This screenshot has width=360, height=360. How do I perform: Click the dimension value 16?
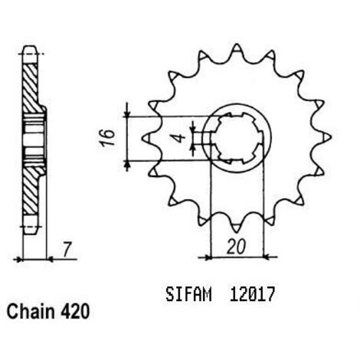pyautogui.click(x=106, y=138)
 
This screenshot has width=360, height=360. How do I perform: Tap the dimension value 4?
pyautogui.click(x=181, y=138)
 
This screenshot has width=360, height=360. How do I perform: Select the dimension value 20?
pyautogui.click(x=236, y=247)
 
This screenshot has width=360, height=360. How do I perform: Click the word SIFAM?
pyautogui.click(x=188, y=294)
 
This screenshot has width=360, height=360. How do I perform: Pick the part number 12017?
pyautogui.click(x=252, y=294)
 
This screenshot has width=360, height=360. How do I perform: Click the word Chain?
pyautogui.click(x=31, y=312)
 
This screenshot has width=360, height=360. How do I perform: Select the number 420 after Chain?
pyautogui.click(x=75, y=312)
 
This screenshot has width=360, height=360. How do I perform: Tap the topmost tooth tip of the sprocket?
pyautogui.click(x=237, y=44)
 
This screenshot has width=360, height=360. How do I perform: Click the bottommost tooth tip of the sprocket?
pyautogui.click(x=237, y=232)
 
